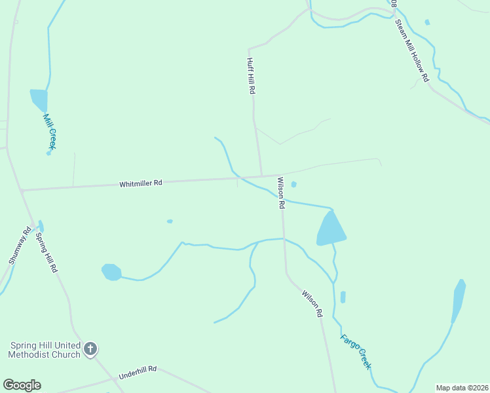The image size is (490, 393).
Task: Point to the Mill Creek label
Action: pos(50,131)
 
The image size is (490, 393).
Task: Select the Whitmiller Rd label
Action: pos(140,183)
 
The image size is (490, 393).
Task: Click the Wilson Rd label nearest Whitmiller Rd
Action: pos(281,193)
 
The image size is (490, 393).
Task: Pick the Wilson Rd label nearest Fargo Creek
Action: pos(312,305)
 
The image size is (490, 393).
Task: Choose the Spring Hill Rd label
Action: pos(47,252)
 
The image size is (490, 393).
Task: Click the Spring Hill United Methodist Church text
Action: pos(44,350)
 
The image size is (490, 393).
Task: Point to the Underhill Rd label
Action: pos(138,373)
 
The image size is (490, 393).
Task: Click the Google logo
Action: pos(22,385)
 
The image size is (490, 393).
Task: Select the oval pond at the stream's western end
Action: pos(111,271)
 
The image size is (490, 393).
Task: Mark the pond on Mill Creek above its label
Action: pos(39,100)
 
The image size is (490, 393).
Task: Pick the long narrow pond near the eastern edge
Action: pos(459,301)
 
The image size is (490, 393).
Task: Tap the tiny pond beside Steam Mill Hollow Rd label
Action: pos(427,22)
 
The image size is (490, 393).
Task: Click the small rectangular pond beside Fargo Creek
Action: pos(343,297)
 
